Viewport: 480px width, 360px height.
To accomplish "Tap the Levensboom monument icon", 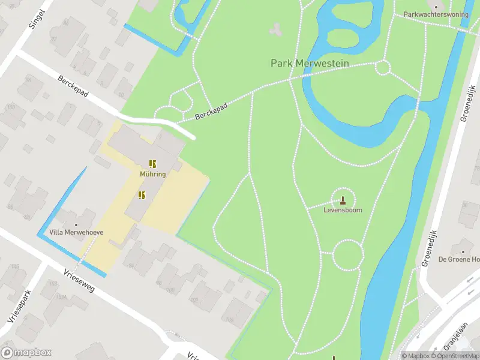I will pyautogui.click(x=343, y=200).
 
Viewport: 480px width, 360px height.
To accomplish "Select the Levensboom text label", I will pyautogui.click(x=343, y=211).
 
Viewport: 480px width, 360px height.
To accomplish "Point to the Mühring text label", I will pyautogui.click(x=152, y=174).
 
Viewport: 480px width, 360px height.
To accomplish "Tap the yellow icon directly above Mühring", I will pyautogui.click(x=152, y=163).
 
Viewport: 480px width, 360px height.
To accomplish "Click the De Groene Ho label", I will pyautogui.click(x=459, y=259).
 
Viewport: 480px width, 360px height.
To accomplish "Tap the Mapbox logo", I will pyautogui.click(x=26, y=353).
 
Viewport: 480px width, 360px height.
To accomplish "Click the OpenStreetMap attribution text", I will pyautogui.click(x=454, y=356).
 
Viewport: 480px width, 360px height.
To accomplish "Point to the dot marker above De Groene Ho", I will pyautogui.click(x=463, y=250).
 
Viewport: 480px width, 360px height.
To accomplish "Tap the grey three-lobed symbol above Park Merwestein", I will pyautogui.click(x=276, y=28).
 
